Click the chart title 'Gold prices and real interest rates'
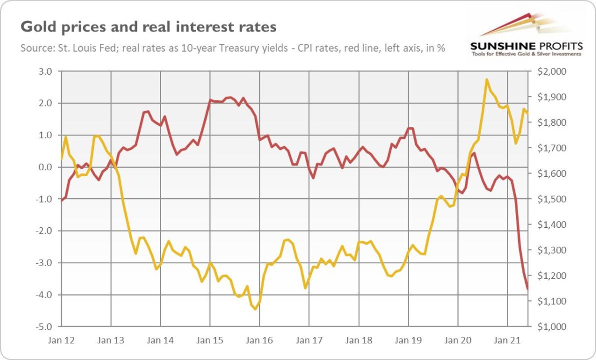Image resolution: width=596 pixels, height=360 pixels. click(148, 26)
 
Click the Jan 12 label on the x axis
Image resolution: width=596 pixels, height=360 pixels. click(61, 340)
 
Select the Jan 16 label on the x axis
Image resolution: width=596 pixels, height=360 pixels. click(259, 340)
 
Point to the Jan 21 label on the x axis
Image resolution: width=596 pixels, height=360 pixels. click(507, 340)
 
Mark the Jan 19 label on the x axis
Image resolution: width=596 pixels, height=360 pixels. click(408, 340)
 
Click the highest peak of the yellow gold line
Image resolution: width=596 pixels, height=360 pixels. click(486, 80)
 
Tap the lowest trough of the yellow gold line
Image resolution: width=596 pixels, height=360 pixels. click(255, 309)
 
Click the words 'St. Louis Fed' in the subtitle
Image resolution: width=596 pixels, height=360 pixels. click(81, 48)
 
